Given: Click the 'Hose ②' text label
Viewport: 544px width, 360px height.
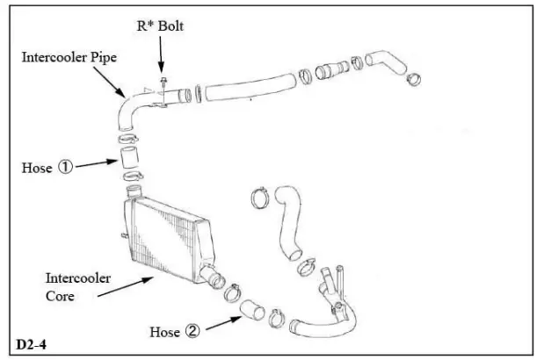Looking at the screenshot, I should pyautogui.click(x=174, y=332).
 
